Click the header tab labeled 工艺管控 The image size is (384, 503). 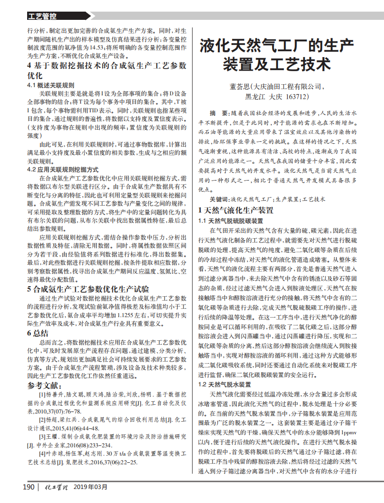(42, 16)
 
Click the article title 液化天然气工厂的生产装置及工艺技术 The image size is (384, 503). (276, 56)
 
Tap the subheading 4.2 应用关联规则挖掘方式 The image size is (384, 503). (62, 170)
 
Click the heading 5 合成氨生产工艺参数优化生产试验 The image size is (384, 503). (88, 289)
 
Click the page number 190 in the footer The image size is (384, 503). (29, 486)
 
